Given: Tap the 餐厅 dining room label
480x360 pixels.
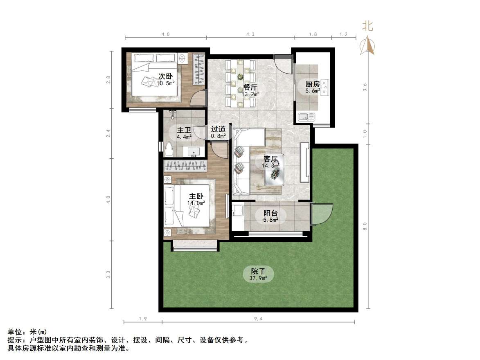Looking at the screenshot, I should tap(250, 87).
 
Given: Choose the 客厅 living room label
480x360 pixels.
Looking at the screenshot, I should tap(270, 159).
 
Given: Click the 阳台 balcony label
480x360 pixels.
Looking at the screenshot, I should tap(270, 213).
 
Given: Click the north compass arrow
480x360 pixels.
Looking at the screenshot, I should tap(367, 45).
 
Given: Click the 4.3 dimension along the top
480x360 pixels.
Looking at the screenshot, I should tap(250, 34).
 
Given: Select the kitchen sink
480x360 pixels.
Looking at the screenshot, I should tap(305, 117).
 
